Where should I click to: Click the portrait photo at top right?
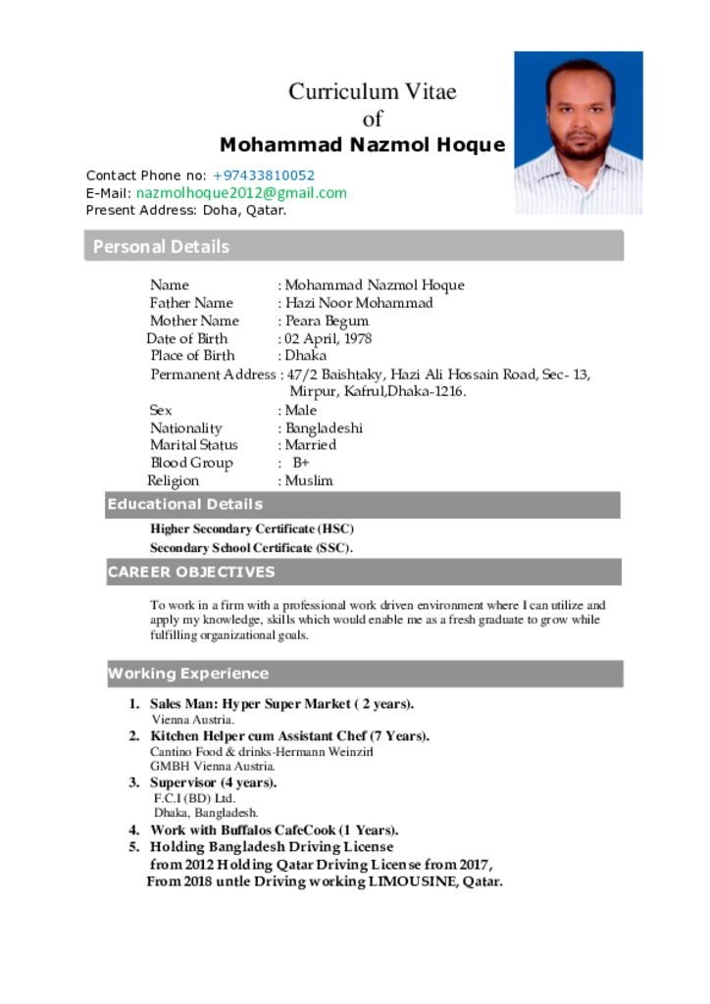coord(578,132)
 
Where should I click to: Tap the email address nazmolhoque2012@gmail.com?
coord(241,193)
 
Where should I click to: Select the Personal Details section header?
coord(161,246)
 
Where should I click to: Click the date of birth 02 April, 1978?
coord(329,338)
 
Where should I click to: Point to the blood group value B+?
coord(301,463)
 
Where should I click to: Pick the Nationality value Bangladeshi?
coord(324,427)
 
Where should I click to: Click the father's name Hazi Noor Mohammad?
coord(359,303)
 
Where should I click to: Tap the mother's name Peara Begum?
coord(327,321)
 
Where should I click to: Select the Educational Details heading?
coord(185,504)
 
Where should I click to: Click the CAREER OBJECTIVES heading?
coord(191,572)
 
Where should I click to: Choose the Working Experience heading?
coord(188,674)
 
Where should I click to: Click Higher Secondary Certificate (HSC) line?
coord(252,528)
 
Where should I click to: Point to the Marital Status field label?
coord(194,445)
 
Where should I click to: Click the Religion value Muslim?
coord(309,480)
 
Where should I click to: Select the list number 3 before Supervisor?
coord(134,782)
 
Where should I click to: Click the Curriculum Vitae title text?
coord(373,92)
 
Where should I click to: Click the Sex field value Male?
coord(301,410)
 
